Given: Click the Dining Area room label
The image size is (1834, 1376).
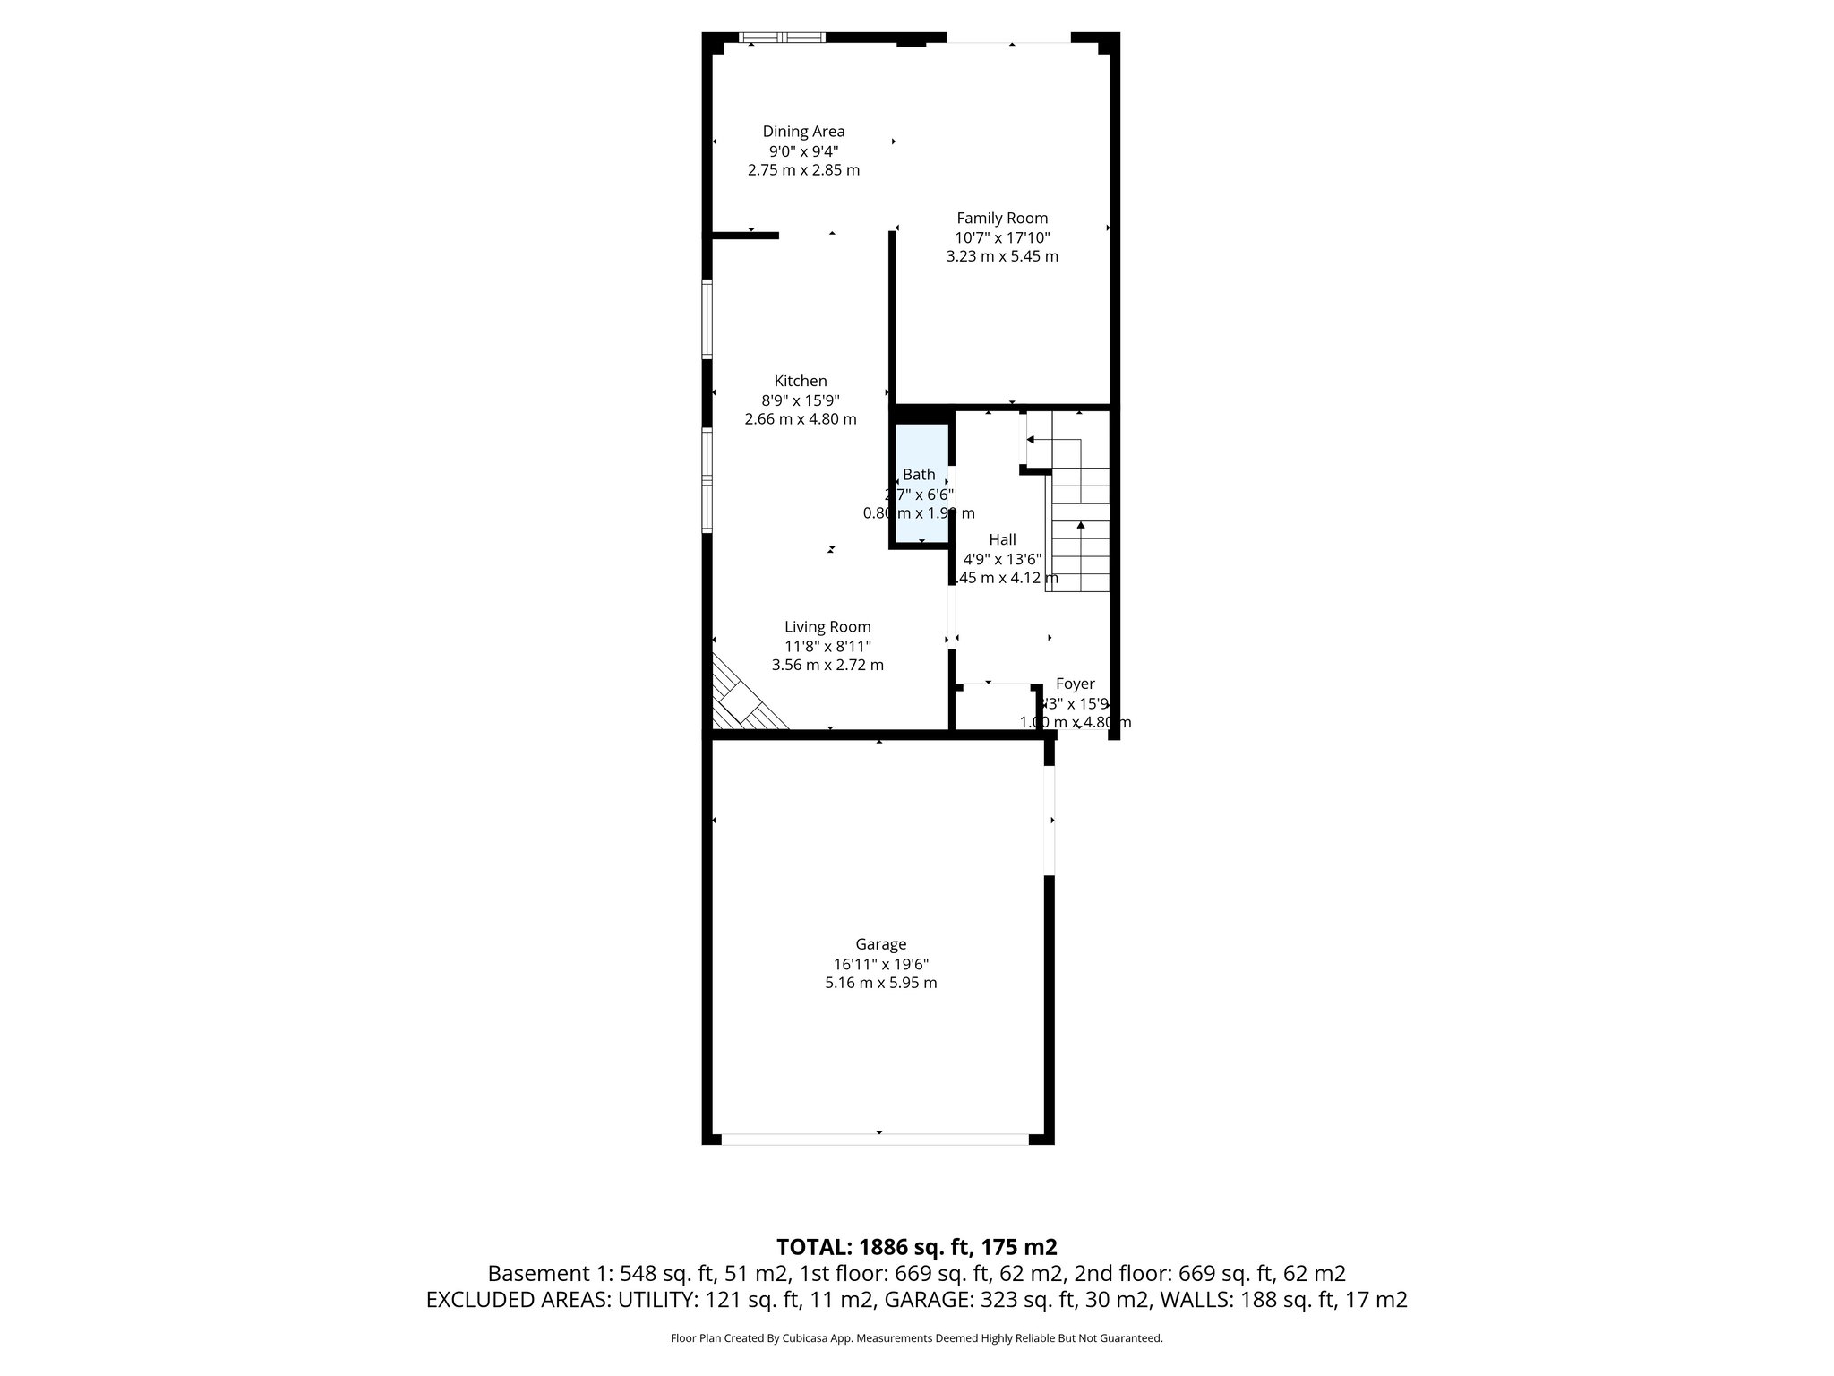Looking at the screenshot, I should tap(803, 132).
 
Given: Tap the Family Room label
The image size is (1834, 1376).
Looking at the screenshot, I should tap(1002, 218).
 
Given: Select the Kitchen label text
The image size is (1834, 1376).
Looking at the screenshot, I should tap(801, 381).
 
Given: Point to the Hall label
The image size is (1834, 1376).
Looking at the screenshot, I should tap(1002, 539).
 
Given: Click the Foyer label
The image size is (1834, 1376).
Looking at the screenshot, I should tap(1075, 684).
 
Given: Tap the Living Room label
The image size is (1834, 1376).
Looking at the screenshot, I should tap(827, 627).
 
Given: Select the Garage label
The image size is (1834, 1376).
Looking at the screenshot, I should tap(881, 944).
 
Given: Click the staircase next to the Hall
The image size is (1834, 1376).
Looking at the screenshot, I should tap(1079, 529).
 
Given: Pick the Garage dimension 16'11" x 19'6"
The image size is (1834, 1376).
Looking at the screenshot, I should tap(881, 964).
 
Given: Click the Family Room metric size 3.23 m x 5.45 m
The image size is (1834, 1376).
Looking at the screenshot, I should tap(1002, 256).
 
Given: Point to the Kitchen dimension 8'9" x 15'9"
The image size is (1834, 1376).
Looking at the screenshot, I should tap(801, 400).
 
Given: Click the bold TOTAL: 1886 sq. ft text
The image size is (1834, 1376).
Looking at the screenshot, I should tap(916, 1247).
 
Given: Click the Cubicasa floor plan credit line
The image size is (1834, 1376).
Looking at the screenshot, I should tap(916, 1338).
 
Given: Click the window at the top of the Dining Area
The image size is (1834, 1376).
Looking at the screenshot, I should tap(782, 38).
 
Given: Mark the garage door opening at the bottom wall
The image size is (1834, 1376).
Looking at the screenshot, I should tap(875, 1139).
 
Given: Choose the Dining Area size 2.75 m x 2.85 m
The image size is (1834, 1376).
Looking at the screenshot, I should tap(803, 170).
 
